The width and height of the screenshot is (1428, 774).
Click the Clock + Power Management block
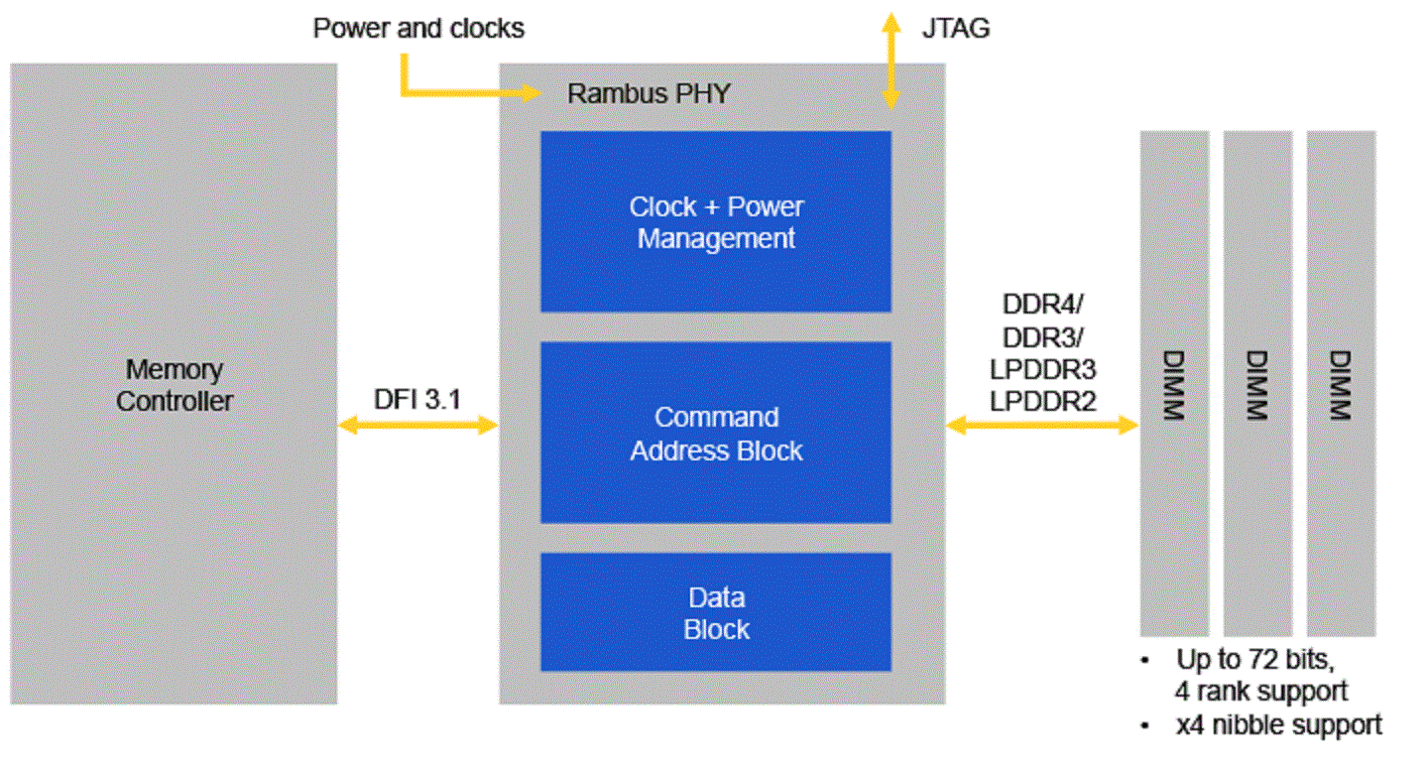[715, 222]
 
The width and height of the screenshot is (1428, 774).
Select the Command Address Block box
[715, 433]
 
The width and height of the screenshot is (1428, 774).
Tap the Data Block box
[715, 612]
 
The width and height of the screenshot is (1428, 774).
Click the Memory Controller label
[174, 385]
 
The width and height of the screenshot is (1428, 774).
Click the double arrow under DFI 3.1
[417, 426]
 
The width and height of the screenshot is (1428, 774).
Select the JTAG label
[955, 28]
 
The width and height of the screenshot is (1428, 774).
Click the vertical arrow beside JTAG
[892, 60]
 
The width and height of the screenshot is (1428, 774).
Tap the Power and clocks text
[418, 28]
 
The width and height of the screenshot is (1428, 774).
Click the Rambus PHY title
[649, 94]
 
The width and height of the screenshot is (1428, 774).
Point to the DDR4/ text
[1041, 304]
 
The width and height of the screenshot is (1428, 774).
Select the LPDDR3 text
[1042, 369]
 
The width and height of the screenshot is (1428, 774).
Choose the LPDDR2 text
[1042, 401]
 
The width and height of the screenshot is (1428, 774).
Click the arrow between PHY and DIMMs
[1042, 426]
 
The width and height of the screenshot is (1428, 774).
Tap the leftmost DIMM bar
[1174, 383]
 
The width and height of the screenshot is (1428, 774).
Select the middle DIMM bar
[1257, 383]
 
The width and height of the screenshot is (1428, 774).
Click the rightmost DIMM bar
[1341, 383]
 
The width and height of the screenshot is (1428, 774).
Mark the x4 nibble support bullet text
[1279, 724]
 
